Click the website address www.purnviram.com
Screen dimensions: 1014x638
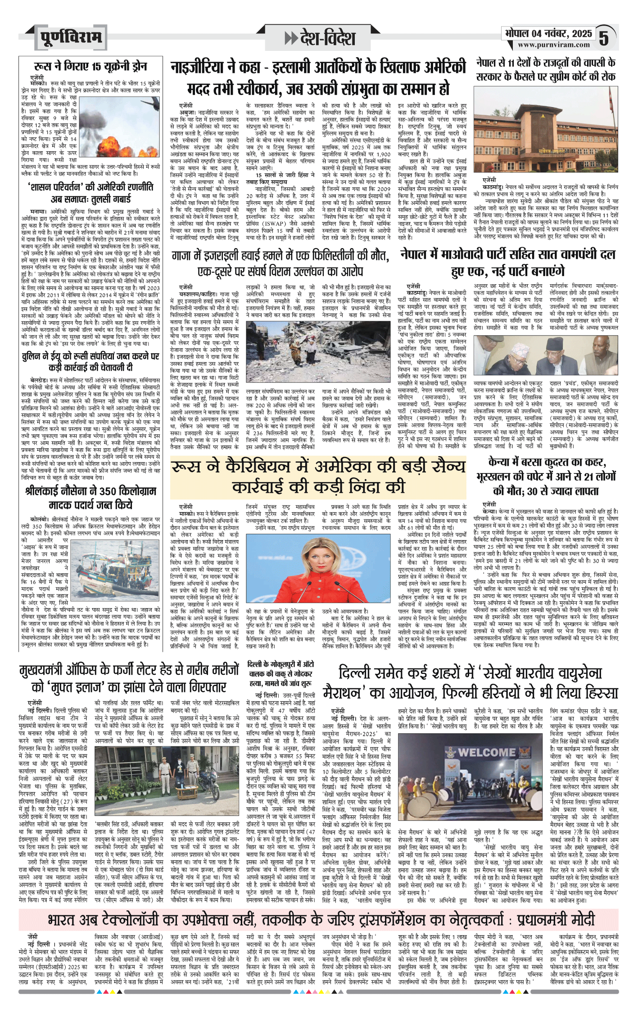click(x=553, y=45)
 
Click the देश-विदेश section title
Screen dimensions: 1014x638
click(x=320, y=38)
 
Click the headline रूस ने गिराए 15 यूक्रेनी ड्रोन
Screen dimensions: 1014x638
click(x=90, y=66)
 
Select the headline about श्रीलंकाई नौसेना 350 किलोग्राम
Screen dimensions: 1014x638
click(x=90, y=497)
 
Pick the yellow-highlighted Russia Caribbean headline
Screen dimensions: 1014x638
click(x=318, y=477)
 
